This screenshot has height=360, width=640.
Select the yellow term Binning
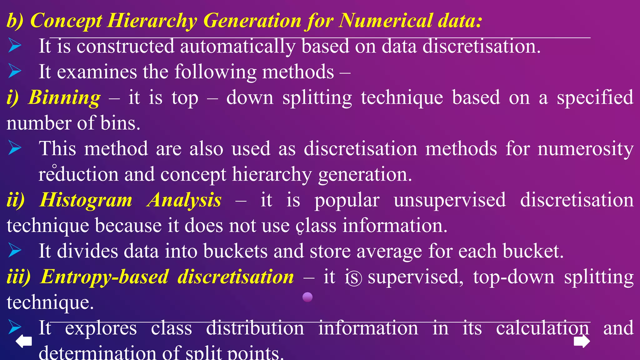64,97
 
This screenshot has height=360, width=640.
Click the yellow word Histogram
86,200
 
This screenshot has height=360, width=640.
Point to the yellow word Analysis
185,200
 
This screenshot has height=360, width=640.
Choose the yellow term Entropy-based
105,277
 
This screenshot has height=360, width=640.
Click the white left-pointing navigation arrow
24,341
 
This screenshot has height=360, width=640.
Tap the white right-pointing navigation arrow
582,341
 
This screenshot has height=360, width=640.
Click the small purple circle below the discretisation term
307,297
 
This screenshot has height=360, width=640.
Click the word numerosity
586,149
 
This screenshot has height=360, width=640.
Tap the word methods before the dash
298,72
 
